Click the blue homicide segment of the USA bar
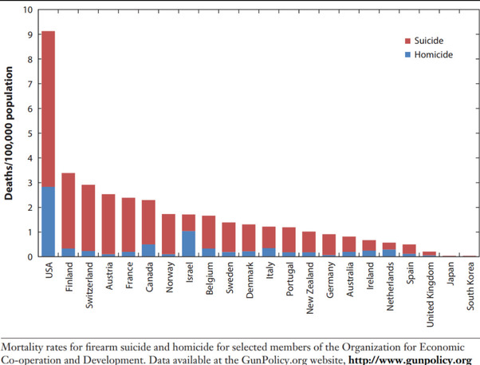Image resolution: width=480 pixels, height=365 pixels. (48, 221)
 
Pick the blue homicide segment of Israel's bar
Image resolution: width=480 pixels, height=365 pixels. (188, 244)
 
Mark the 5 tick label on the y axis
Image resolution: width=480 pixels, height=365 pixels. (30, 133)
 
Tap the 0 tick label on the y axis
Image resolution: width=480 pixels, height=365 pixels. (30, 256)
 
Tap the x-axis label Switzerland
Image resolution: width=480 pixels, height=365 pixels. (89, 288)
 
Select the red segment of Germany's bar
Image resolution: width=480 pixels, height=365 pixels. (329, 244)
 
